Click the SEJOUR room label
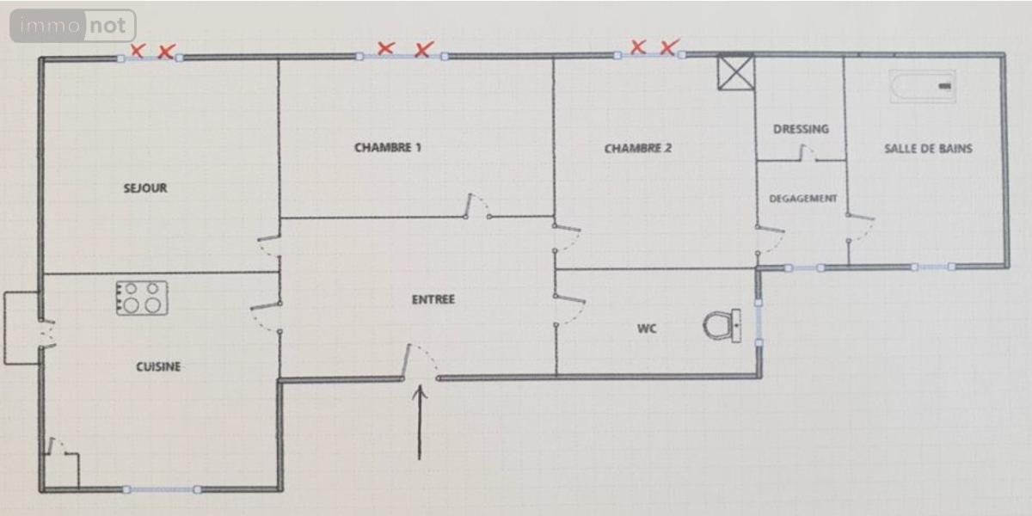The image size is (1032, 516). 145,188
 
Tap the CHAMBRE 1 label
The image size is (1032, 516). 388,147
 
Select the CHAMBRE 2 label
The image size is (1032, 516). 637,148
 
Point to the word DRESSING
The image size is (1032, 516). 801,129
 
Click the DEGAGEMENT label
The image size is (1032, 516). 803,199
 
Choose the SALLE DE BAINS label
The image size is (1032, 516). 928,148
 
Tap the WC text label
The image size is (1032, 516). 647,329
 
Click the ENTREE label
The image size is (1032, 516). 433,299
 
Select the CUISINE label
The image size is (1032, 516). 158,366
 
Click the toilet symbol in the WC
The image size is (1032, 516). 722,325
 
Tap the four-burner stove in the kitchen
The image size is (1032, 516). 142,298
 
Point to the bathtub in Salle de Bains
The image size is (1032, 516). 922,86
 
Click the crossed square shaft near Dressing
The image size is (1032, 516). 736,72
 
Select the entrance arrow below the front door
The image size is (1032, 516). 420,422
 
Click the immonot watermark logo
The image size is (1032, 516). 73,26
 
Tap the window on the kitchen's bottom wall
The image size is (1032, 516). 162,489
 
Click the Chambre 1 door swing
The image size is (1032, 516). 477,206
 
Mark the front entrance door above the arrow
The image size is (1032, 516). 420,362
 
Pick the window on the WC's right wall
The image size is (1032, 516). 759,322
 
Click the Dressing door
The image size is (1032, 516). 808,153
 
